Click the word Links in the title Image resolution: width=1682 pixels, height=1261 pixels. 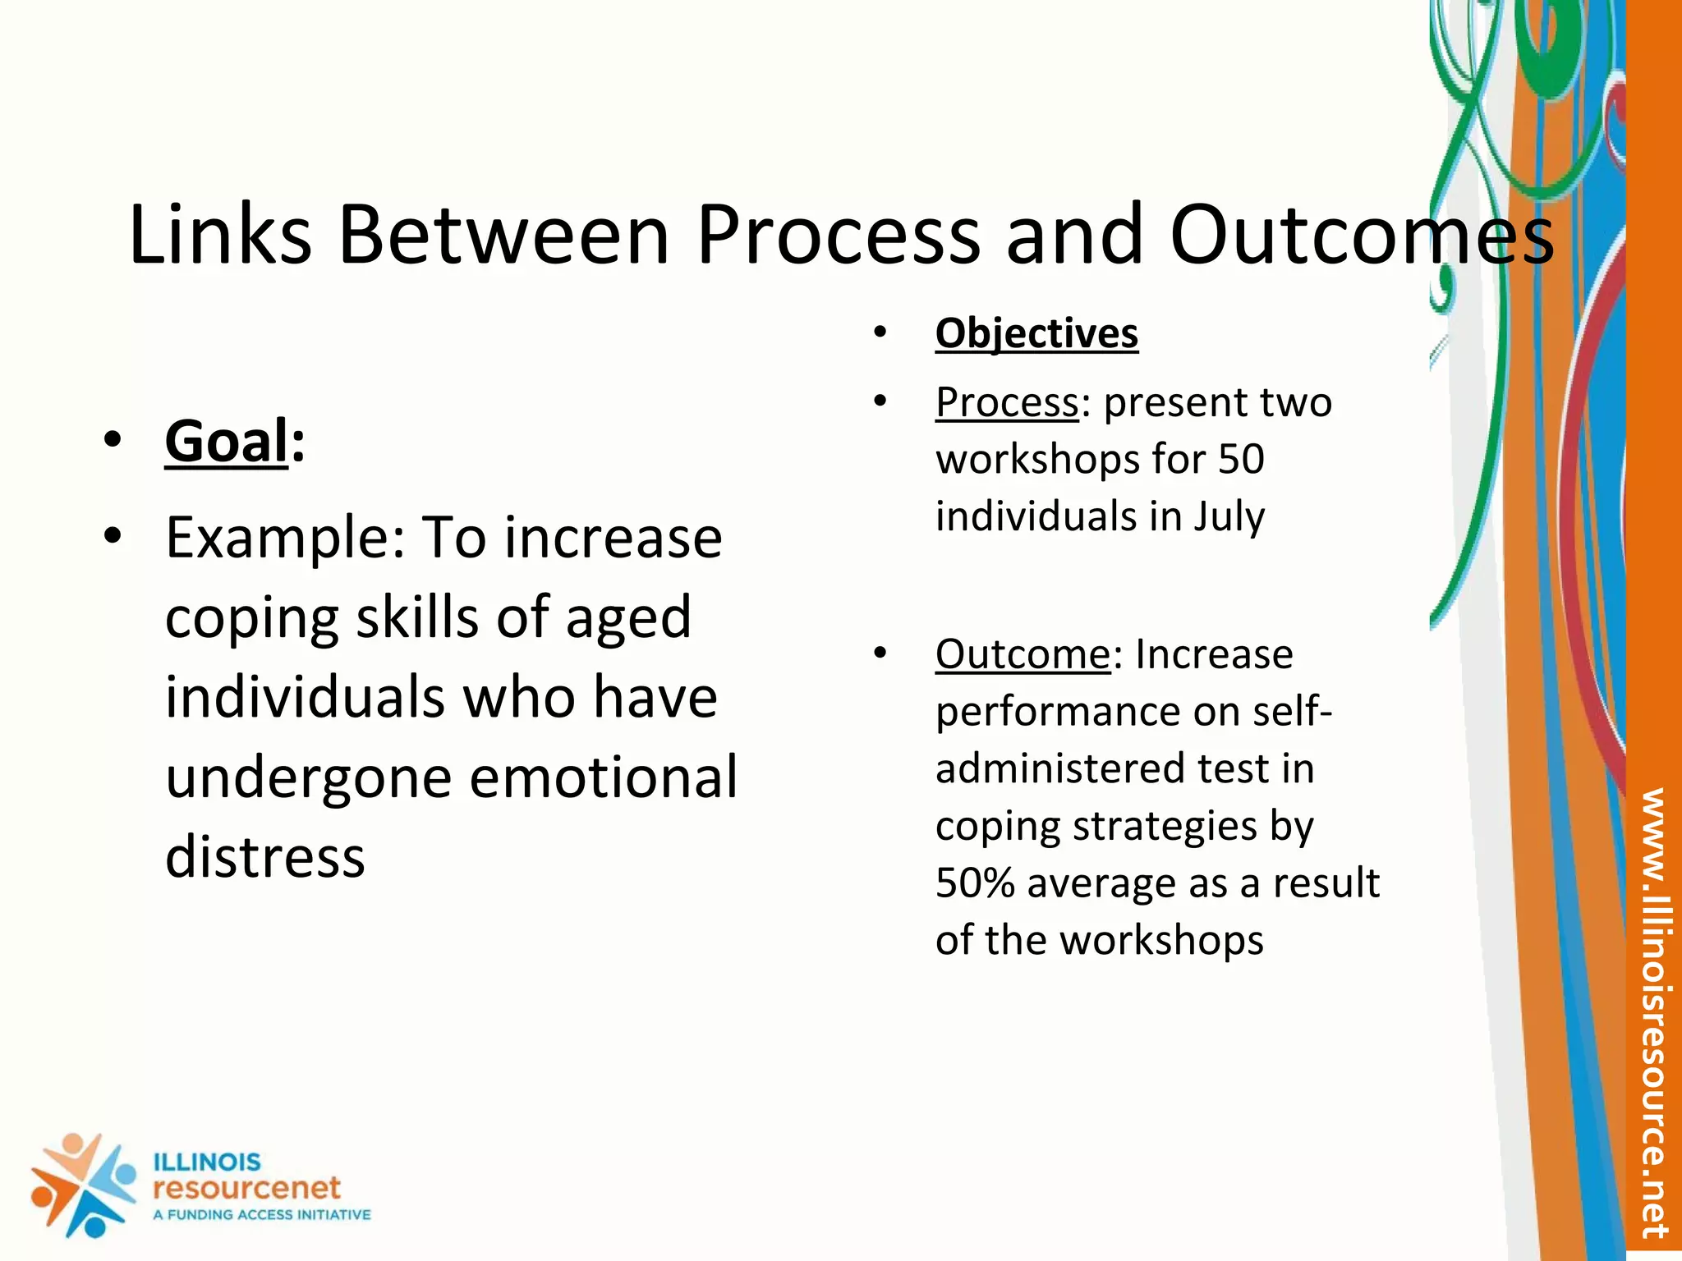(220, 236)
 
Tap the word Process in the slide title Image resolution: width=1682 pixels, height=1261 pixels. (838, 236)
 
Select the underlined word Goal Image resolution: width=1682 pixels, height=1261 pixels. (227, 442)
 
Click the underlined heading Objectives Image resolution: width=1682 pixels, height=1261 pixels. (1036, 333)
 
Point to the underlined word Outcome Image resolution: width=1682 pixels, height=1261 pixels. (1023, 654)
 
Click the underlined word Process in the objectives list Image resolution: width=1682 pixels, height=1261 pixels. (1007, 402)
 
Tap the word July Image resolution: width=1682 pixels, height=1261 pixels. (1229, 517)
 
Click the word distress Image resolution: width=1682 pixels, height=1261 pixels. (264, 856)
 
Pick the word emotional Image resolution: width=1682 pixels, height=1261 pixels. (603, 777)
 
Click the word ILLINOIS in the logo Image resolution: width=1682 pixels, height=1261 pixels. (207, 1162)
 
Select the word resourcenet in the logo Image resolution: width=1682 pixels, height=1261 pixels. (246, 1187)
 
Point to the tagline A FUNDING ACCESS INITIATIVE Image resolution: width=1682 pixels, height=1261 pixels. (261, 1215)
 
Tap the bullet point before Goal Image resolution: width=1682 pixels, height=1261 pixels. (113, 442)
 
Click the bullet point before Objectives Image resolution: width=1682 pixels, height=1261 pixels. (880, 333)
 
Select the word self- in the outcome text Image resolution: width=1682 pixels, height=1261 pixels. (1293, 712)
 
